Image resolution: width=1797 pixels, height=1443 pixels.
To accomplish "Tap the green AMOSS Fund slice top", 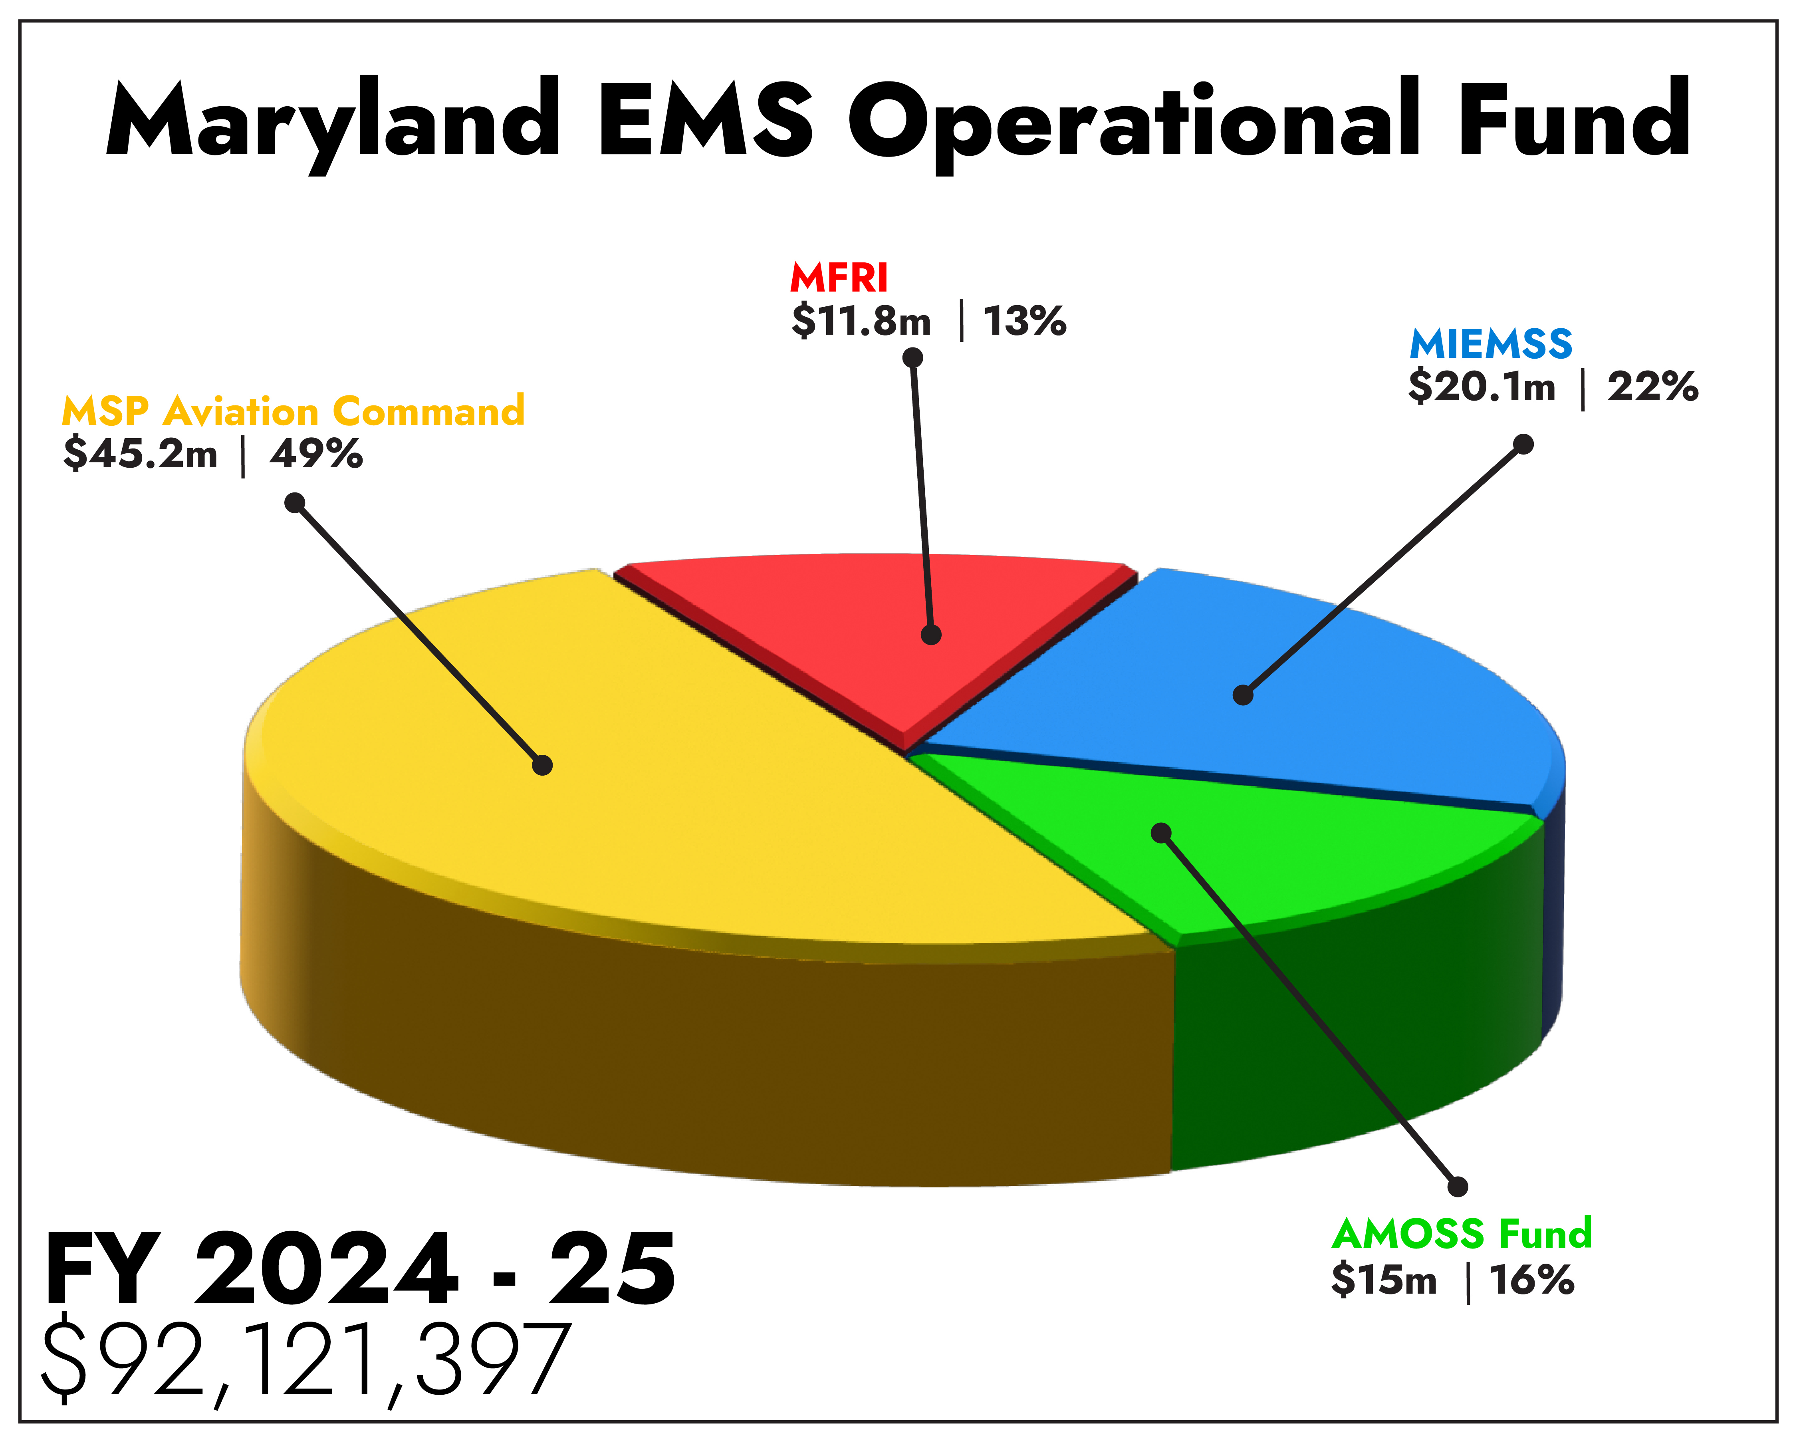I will (x=1300, y=859).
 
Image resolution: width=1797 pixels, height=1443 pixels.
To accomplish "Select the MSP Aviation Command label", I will (x=293, y=412).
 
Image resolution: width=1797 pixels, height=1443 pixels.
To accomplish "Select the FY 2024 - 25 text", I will (x=359, y=1270).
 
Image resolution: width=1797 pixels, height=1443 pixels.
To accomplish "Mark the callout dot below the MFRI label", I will (x=912, y=357).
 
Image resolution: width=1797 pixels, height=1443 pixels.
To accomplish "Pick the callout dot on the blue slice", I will (x=1243, y=695).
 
